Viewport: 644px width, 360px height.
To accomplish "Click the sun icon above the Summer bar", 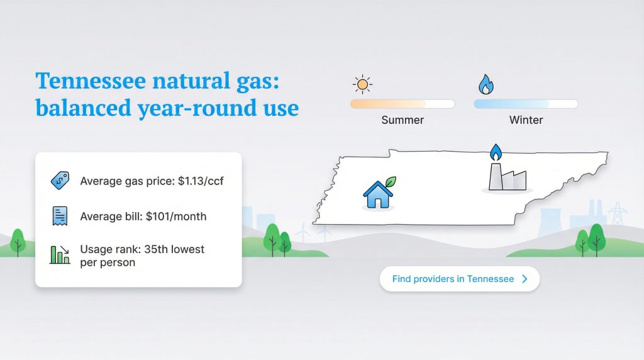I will [362, 84].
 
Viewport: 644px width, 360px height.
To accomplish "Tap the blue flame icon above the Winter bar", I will [485, 84].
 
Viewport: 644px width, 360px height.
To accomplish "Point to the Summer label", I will [402, 120].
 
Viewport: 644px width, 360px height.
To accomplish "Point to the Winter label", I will [526, 120].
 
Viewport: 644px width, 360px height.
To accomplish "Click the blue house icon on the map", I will [377, 194].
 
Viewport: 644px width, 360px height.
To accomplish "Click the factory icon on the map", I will [507, 177].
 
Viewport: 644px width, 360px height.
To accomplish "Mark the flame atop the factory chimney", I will [496, 152].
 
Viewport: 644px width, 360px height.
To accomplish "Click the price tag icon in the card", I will [60, 181].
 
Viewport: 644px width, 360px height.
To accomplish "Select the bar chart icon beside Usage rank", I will [60, 255].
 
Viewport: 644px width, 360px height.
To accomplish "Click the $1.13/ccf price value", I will [201, 182].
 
